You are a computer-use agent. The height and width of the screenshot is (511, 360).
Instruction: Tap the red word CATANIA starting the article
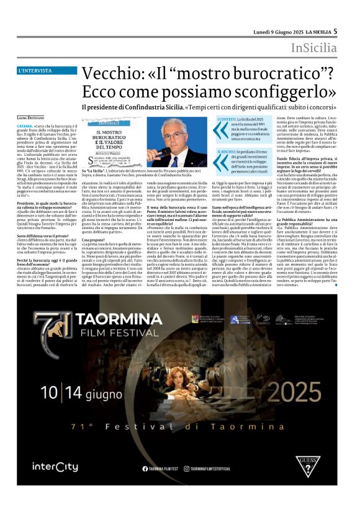point(25,125)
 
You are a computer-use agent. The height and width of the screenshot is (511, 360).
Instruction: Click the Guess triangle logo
point(305,465)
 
